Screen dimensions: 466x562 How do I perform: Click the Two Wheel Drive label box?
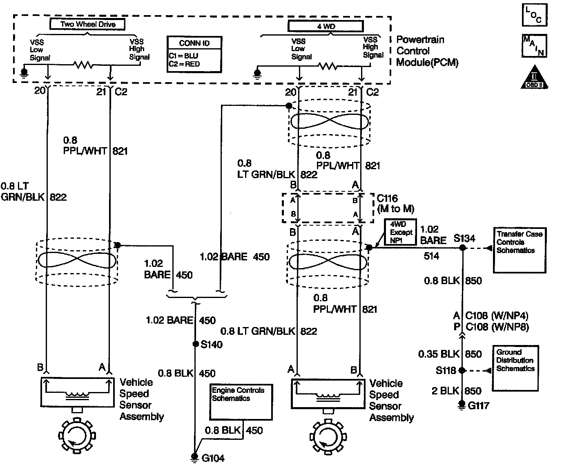(x=87, y=24)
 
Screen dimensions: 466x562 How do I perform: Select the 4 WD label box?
(x=325, y=27)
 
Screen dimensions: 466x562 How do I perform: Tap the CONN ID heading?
(x=194, y=43)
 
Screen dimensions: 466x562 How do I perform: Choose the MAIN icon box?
(x=534, y=45)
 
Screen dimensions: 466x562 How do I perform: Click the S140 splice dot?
(x=196, y=344)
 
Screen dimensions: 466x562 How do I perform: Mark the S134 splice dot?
(x=462, y=248)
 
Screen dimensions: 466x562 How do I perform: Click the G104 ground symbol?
(x=196, y=457)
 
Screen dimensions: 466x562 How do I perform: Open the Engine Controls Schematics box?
(x=241, y=401)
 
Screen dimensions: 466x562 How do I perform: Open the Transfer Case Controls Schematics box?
(x=519, y=250)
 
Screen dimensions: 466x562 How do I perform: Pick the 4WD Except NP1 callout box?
(x=401, y=233)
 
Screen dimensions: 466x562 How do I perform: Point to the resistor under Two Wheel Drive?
(x=84, y=64)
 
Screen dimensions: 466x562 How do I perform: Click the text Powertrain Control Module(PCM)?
(x=427, y=51)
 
